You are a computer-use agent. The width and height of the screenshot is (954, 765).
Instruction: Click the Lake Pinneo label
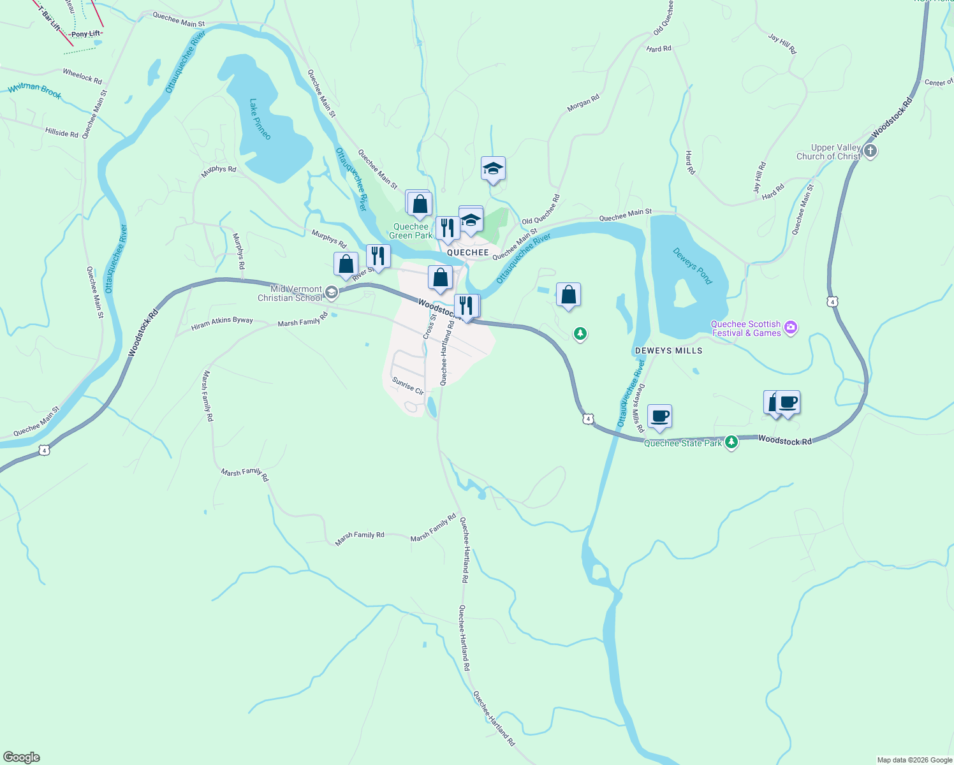pos(260,119)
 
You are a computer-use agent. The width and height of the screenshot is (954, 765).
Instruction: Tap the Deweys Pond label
pos(692,266)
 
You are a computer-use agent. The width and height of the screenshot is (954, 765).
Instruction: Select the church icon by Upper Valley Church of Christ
pos(870,151)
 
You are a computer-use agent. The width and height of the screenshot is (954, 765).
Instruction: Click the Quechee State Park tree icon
pos(731,441)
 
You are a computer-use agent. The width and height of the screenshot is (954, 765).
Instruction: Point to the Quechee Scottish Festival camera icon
pos(791,328)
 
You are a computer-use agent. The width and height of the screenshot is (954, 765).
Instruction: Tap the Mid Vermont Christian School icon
pos(331,293)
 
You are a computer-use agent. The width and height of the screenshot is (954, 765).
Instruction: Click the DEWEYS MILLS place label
pos(668,351)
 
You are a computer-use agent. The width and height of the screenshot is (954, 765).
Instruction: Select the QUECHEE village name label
pos(467,252)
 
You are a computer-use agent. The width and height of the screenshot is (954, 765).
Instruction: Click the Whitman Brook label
pos(34,91)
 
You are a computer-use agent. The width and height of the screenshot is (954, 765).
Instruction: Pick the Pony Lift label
pos(85,34)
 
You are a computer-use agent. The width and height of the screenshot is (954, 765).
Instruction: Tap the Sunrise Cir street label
pos(407,386)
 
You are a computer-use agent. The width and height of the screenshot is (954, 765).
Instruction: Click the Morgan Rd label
pos(583,103)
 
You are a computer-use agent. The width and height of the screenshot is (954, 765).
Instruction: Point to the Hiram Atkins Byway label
pos(222,324)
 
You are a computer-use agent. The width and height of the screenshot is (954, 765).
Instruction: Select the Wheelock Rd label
pos(82,76)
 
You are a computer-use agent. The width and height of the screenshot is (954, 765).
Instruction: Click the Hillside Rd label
pos(62,133)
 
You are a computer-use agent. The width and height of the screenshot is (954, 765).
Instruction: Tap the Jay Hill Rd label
pos(782,43)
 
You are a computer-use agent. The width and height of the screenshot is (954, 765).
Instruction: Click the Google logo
pos(22,757)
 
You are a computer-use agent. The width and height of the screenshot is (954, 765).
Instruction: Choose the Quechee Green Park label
pos(411,231)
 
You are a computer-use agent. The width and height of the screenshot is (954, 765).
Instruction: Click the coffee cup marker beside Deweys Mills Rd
pos(659,416)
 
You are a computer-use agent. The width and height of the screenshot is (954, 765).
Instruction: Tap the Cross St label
pos(429,326)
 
